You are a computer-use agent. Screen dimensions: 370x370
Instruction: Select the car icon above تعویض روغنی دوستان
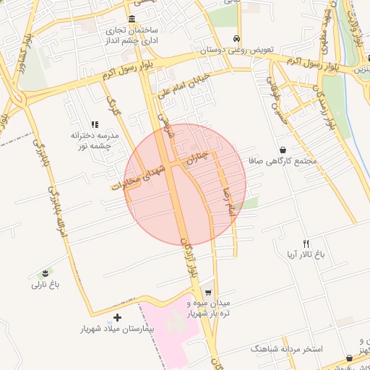click(x=236, y=39)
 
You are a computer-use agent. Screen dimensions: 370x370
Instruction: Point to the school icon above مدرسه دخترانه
click(x=95, y=124)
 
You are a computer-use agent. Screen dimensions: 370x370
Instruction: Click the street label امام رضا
click(x=231, y=197)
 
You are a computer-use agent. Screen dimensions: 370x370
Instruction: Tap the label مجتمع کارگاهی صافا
click(x=283, y=161)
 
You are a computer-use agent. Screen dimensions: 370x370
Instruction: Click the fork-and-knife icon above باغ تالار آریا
click(x=306, y=244)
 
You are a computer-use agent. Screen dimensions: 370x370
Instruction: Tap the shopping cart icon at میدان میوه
click(x=209, y=293)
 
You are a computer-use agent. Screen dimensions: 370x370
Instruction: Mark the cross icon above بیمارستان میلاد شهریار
click(x=118, y=317)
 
